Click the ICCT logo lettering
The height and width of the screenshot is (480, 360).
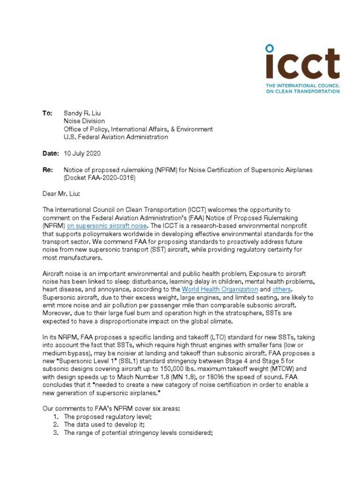point(302,66)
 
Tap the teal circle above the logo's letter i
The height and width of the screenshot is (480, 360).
point(269,48)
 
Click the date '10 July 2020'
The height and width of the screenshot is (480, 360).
point(82,153)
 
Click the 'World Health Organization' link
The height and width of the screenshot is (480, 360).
point(220,289)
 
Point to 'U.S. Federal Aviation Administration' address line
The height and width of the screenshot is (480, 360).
point(116,137)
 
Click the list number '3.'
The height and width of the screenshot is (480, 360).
point(55,433)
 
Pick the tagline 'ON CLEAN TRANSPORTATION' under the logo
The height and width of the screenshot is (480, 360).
point(302,91)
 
